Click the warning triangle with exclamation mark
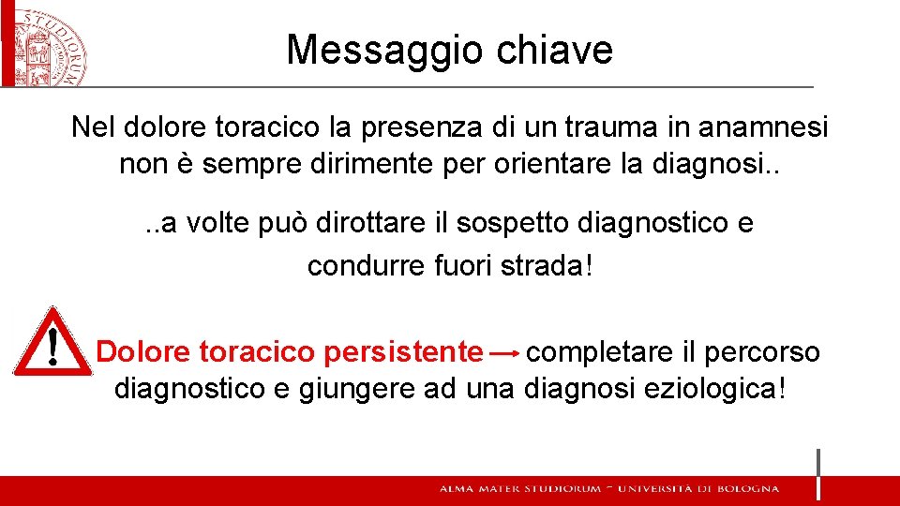coord(52,343)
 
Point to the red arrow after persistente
coord(505,353)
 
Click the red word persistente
coord(403,352)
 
